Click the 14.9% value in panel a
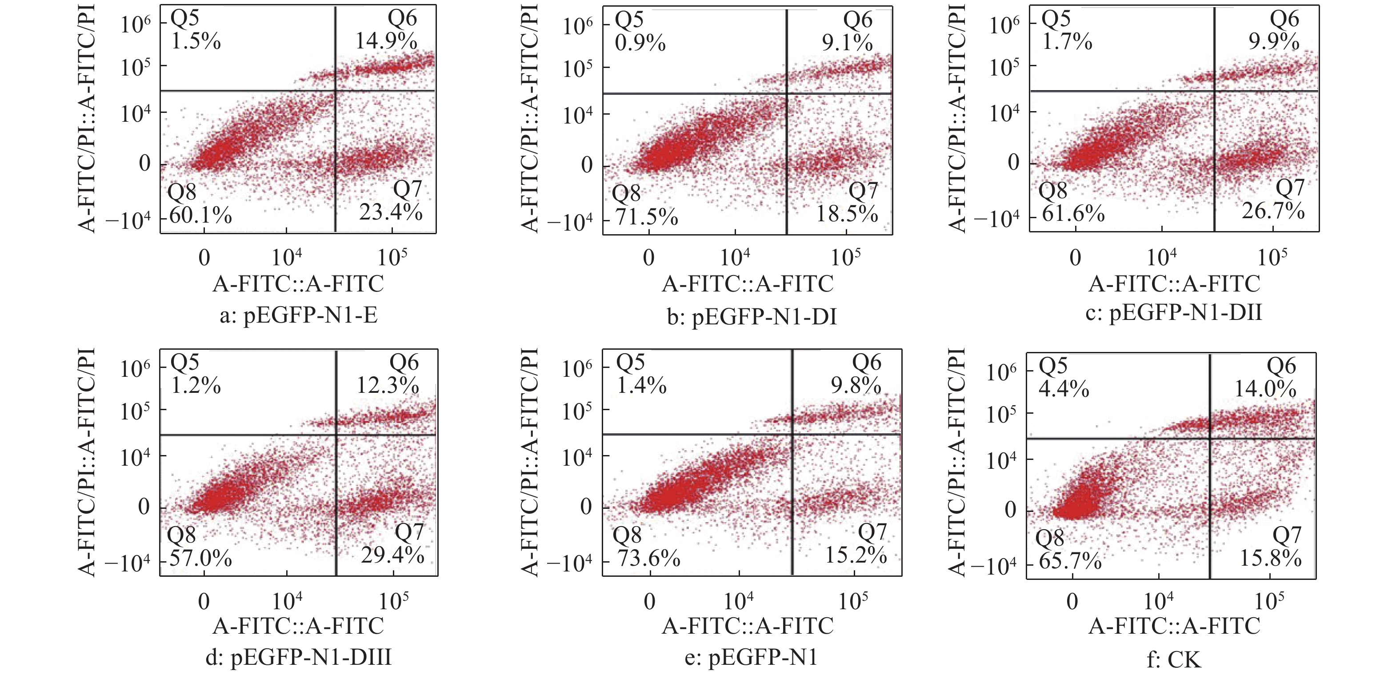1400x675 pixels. point(386,41)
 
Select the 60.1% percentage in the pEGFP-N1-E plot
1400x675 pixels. point(200,216)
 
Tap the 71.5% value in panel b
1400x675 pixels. point(646,217)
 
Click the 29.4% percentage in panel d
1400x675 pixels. point(392,555)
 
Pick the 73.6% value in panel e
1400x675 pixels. point(648,558)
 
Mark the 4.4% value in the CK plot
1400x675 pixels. point(1064,389)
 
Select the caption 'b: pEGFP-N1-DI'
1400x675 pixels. point(752,316)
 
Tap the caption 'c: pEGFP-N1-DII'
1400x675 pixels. point(1174,313)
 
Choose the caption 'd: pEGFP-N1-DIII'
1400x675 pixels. point(298,658)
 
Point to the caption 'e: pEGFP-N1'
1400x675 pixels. point(751,658)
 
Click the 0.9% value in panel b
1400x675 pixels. point(640,43)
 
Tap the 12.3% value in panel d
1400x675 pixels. point(388,385)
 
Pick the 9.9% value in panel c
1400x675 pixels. point(1273,41)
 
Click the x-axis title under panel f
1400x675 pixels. point(1174,626)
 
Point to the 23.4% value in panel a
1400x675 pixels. point(391,212)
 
